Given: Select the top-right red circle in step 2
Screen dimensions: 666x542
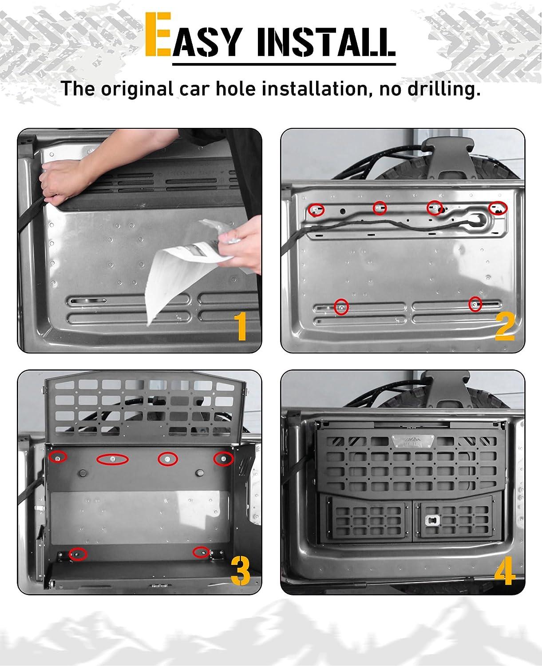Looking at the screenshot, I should [x=498, y=208].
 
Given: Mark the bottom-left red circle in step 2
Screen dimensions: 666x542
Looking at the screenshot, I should [x=341, y=306].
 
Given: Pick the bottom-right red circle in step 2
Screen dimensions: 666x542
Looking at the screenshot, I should [x=475, y=304].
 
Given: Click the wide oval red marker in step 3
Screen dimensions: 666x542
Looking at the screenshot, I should [x=113, y=459].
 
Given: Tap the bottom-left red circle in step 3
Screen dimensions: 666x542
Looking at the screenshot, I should [x=78, y=554].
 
